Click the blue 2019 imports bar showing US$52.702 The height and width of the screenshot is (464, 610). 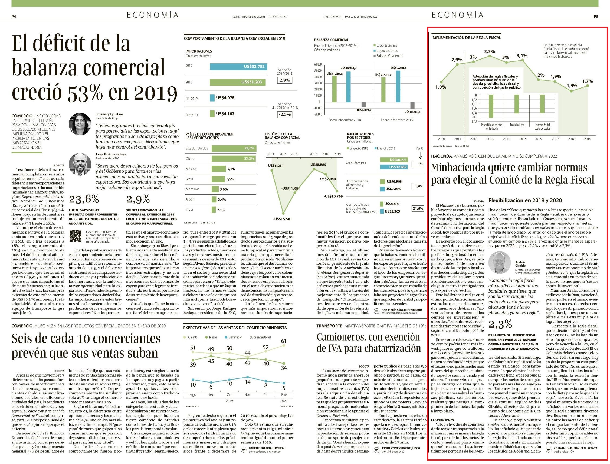pos(238,67)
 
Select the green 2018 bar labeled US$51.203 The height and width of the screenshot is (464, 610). pos(238,82)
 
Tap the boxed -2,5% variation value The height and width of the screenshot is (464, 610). pos(285,114)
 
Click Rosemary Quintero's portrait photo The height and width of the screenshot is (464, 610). pos(80,124)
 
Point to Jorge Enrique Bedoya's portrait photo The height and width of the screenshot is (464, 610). pos(80,164)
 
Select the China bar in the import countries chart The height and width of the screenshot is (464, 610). pos(234,159)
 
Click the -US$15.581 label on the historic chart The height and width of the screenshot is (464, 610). pos(283,219)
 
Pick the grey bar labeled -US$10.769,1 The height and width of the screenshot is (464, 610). pos(412,106)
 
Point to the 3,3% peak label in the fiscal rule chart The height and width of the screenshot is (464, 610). pos(489,51)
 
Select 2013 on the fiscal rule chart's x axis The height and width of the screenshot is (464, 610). pos(490,139)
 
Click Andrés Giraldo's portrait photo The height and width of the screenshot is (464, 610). pos(499,262)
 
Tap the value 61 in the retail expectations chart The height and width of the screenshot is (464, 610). pos(284,341)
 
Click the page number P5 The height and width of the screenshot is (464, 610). pos(596,17)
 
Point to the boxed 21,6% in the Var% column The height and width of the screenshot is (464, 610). pos(418,208)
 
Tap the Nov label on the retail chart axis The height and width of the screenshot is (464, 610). pos(247,394)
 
